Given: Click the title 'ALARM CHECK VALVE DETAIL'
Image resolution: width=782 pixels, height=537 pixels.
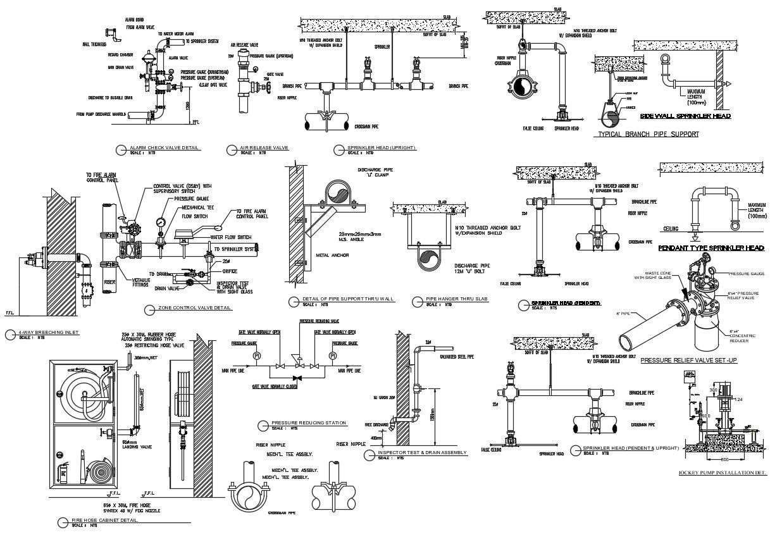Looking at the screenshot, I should (x=164, y=148).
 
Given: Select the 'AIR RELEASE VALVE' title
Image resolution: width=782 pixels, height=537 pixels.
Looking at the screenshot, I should (x=264, y=148).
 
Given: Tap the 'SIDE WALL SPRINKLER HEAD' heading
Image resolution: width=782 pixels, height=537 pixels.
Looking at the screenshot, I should (x=685, y=116).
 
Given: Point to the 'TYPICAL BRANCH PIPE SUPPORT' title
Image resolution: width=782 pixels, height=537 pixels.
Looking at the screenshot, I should (x=648, y=134).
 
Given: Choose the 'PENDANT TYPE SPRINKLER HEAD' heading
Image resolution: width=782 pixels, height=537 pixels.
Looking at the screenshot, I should (x=711, y=248).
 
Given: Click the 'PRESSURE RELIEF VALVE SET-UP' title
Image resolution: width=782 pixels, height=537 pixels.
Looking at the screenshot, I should (x=689, y=360).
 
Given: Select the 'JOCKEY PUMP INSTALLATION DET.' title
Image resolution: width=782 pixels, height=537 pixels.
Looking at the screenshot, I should (x=722, y=472).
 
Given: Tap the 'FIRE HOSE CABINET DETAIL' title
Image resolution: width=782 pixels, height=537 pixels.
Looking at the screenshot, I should (x=105, y=521).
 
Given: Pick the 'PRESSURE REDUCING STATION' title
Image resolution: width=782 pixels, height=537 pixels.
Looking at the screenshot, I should (x=301, y=423).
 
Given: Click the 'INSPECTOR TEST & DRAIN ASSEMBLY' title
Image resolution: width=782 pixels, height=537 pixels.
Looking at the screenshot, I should (x=422, y=453).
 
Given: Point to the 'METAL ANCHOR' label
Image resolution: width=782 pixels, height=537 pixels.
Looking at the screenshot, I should (x=331, y=256).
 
